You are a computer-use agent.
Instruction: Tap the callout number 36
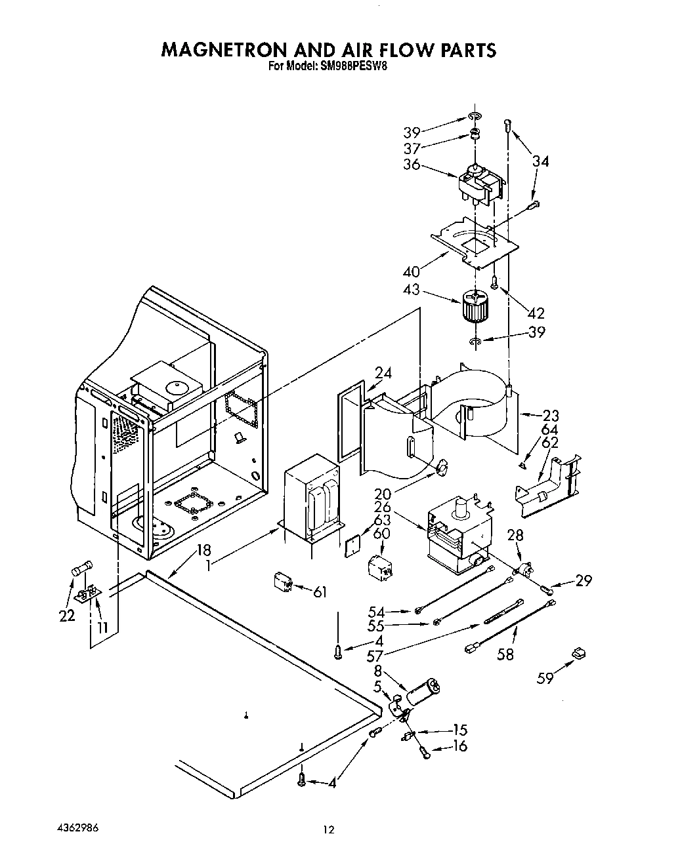412,164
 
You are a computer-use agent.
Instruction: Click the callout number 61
320,592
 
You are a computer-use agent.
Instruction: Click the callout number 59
545,678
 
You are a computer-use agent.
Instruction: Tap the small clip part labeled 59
578,653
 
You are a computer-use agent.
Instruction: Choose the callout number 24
383,374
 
